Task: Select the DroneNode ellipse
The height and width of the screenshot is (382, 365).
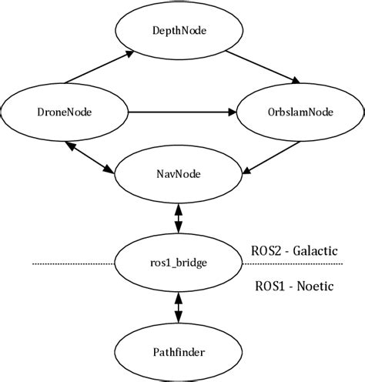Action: click(64, 113)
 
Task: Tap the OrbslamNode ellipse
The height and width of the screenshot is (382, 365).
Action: click(295, 113)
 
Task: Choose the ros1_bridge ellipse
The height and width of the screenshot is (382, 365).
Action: click(179, 263)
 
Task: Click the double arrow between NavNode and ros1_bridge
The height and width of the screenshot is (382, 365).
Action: click(179, 217)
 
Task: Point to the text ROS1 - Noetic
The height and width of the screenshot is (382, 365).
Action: click(293, 286)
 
